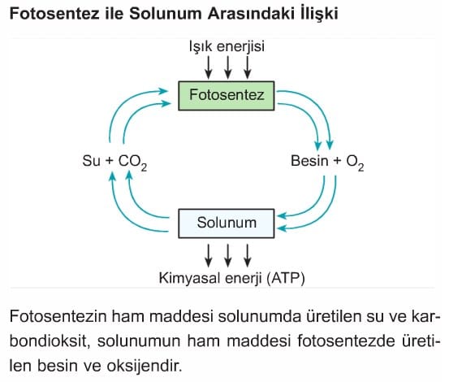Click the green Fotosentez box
(227, 96)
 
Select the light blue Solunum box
(227, 224)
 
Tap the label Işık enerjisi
(227, 46)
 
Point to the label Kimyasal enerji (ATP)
(232, 278)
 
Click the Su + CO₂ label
(114, 162)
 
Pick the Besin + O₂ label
(327, 162)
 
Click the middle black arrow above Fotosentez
(228, 67)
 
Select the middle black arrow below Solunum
(228, 255)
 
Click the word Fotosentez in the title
(54, 14)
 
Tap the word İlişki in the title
(319, 14)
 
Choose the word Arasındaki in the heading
(251, 14)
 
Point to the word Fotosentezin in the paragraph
(58, 317)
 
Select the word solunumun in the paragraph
(139, 341)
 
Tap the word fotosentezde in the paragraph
(342, 341)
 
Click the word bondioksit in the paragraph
(48, 341)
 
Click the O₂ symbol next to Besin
(356, 163)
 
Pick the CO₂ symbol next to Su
(132, 163)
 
